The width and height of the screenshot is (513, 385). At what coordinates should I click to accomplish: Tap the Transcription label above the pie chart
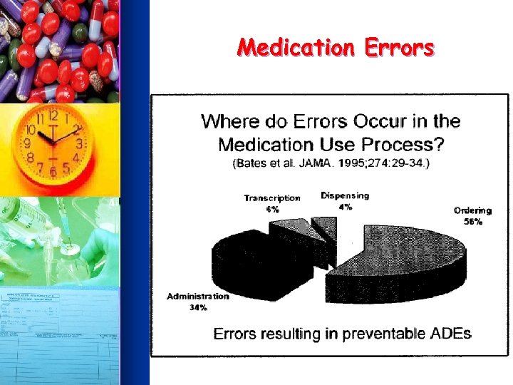pos(272,198)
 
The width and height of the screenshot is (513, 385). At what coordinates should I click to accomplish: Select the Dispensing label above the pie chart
pos(345,195)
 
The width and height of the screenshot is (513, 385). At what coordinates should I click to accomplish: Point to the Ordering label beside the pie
pos(473,210)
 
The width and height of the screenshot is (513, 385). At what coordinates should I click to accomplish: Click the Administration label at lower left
pos(198,296)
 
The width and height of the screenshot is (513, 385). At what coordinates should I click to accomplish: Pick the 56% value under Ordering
pos(473,222)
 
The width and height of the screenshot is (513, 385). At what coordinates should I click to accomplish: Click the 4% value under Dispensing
pos(345,207)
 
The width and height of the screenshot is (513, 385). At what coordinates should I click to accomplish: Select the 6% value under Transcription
pos(272,210)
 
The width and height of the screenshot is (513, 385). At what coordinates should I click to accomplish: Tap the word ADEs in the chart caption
pos(451,334)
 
